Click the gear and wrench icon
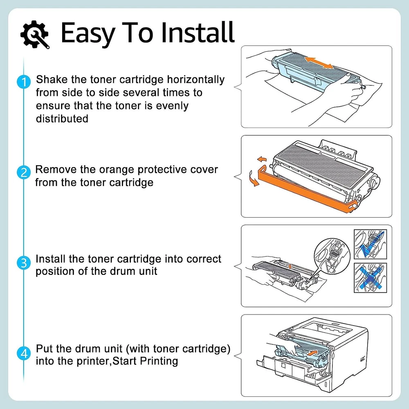pos(35,34)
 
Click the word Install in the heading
pos(198,32)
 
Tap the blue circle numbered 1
pos(24,82)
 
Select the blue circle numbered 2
pos(24,173)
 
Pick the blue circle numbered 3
pos(24,263)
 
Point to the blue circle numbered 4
pos(24,353)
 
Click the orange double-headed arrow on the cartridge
pos(319,63)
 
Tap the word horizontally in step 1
pos(196,80)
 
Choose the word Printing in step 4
pos(159,362)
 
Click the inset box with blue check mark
pos(370,244)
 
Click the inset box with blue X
pos(370,278)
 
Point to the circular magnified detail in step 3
pos(332,256)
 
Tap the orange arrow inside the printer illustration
pos(313,353)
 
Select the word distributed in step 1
pos(62,119)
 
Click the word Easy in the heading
pos(88,33)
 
